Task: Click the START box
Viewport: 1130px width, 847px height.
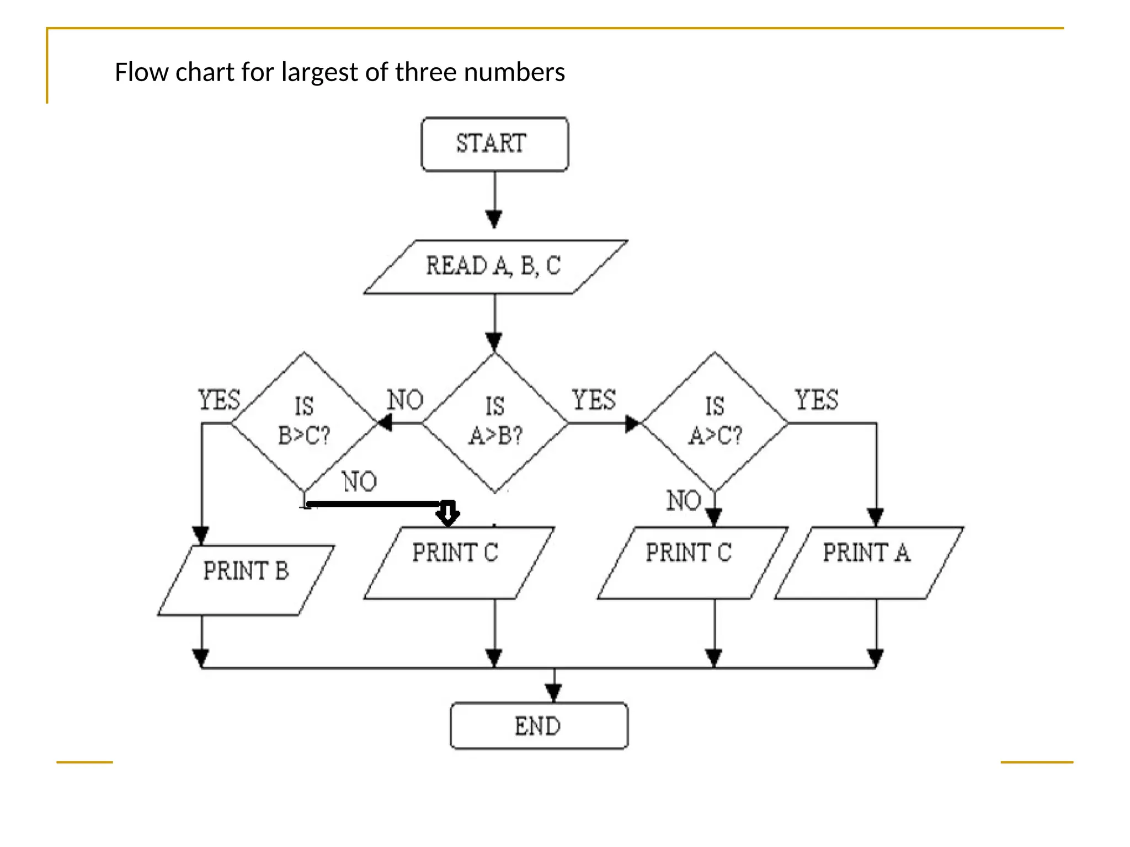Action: tap(494, 144)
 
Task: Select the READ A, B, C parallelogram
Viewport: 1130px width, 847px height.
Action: tap(494, 266)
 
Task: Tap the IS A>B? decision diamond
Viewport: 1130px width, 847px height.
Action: tap(495, 422)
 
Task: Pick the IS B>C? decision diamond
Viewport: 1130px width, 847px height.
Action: tap(304, 422)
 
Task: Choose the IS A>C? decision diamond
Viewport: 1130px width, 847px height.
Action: tap(715, 422)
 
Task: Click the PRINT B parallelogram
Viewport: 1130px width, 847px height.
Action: tap(246, 580)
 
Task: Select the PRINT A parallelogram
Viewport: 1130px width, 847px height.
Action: tap(868, 562)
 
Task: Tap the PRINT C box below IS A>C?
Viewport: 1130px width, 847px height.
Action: tap(692, 562)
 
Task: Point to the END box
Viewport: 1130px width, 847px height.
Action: tap(539, 726)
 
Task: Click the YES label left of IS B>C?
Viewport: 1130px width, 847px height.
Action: tap(220, 400)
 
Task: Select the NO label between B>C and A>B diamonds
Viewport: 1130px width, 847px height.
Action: tap(405, 400)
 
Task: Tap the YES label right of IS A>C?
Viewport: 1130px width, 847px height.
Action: tap(817, 400)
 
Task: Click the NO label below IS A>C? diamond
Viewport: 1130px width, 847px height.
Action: tap(683, 501)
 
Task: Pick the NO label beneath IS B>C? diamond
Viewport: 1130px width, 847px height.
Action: tap(359, 481)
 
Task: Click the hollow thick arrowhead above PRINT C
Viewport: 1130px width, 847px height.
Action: tap(448, 513)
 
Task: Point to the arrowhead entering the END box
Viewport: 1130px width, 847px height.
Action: tap(553, 692)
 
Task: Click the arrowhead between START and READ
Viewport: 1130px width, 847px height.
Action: tap(494, 219)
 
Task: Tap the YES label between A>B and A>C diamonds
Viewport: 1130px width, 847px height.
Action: tap(594, 400)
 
